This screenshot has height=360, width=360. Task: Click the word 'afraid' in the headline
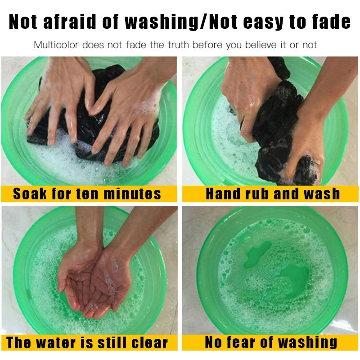point(69,22)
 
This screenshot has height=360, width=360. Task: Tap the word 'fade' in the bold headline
point(331,22)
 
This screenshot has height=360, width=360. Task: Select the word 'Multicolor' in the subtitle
point(56,45)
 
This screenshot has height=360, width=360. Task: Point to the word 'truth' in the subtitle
point(179,45)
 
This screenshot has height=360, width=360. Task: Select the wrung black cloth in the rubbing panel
point(280,129)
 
